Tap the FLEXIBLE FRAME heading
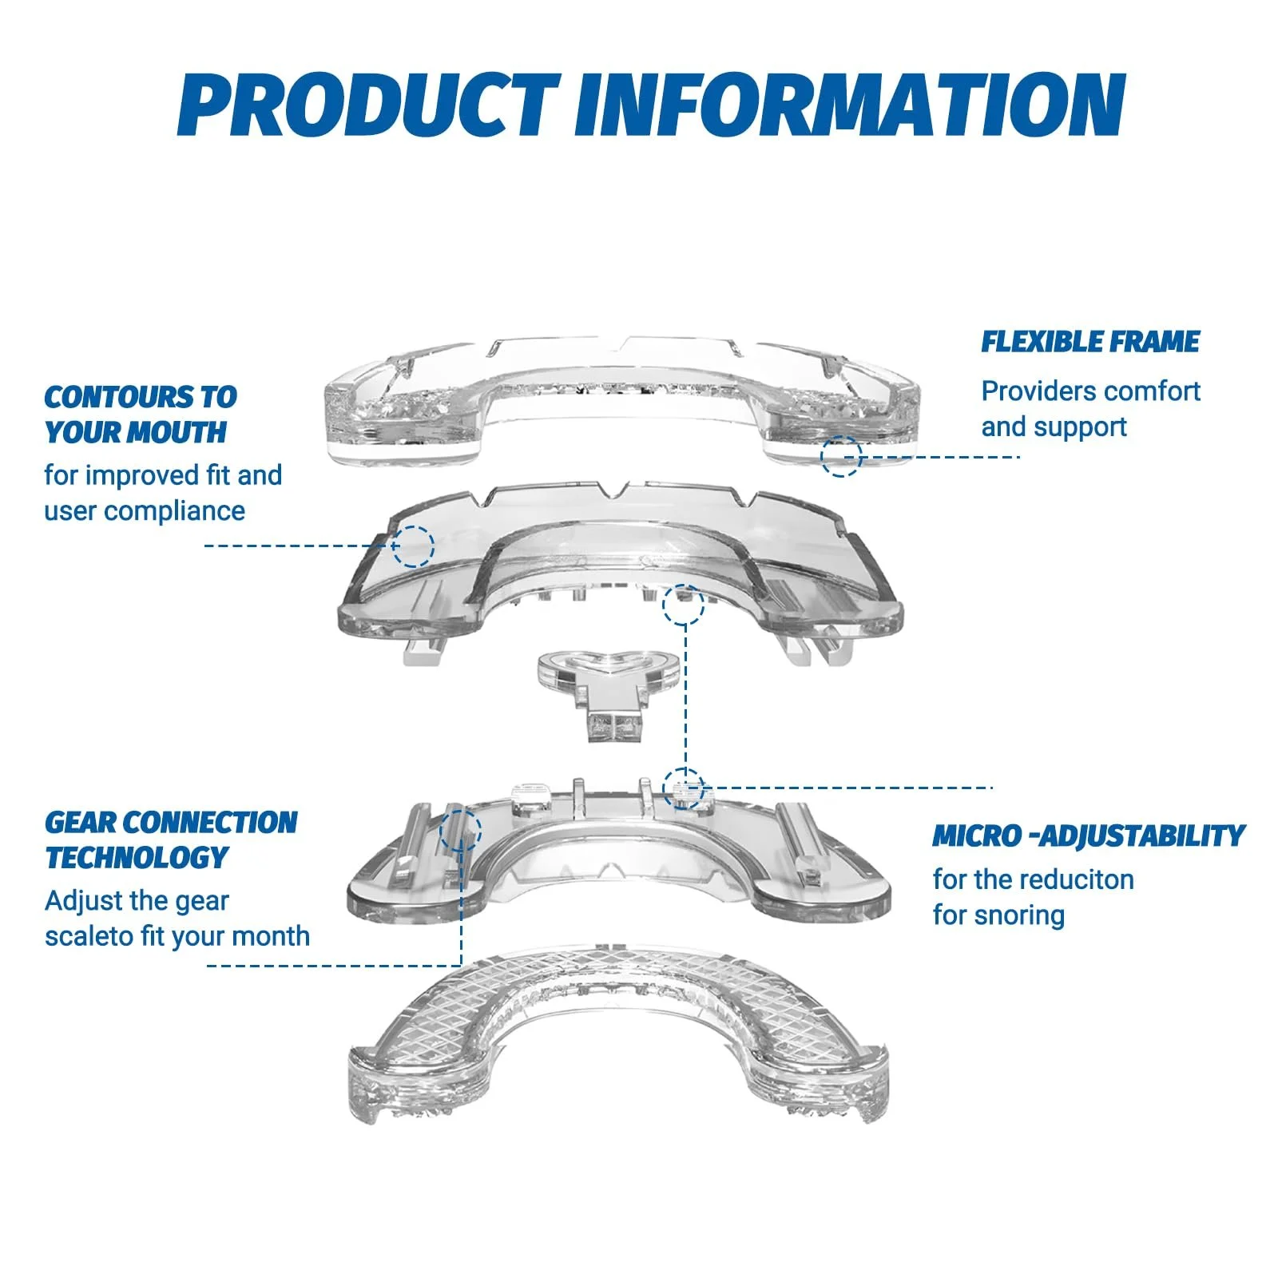tap(1090, 342)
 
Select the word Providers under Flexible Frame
tap(1037, 391)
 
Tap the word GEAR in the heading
tap(80, 822)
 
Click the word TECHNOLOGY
tap(137, 857)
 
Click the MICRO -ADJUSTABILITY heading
tap(1089, 835)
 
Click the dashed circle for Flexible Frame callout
tap(841, 457)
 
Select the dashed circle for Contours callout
tap(414, 546)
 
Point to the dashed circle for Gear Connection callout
tap(461, 830)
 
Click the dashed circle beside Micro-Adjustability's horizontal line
tap(684, 788)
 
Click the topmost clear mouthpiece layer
tap(621, 399)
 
